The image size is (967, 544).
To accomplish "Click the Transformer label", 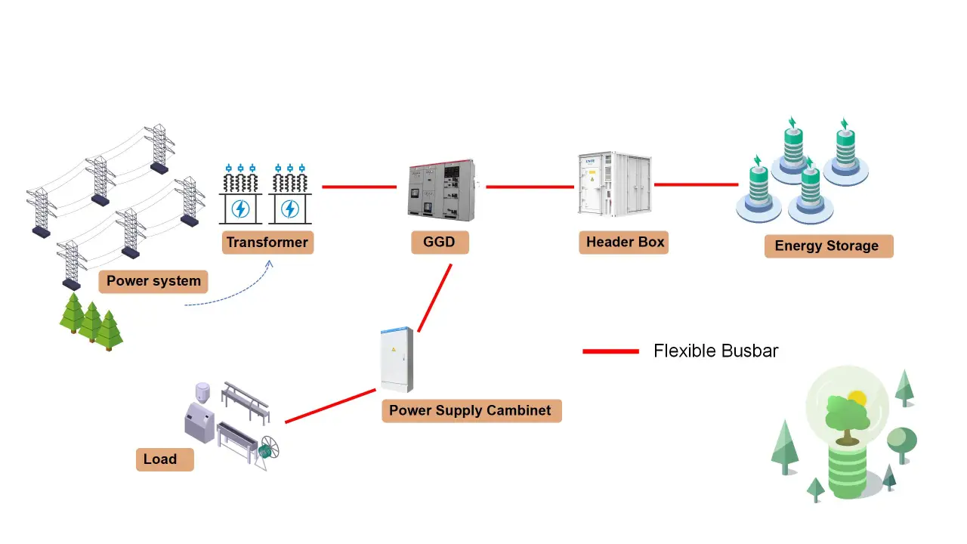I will coord(267,243).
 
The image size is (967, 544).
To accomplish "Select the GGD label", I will coord(440,243).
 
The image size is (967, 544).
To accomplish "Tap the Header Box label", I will coord(624,243).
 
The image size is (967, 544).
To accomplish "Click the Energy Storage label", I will coord(828,246).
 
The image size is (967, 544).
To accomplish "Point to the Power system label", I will coord(153,281).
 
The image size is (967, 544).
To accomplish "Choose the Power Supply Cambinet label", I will coord(471,411).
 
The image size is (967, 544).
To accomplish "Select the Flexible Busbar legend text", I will coord(715,351).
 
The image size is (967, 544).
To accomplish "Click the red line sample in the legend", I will coord(610,351).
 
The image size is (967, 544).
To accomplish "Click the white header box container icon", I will coord(614,186).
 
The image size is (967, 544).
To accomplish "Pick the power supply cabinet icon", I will coord(397,360).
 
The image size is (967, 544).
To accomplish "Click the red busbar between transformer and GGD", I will coord(359,187).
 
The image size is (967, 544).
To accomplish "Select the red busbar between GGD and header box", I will coord(530,187).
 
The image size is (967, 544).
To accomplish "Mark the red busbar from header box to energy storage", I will coord(696,184).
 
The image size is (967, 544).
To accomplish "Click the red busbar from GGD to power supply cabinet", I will coord(435,298).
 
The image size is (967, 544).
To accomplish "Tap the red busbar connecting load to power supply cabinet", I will coord(330,406).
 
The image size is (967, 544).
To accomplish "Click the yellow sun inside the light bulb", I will coord(856,398).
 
